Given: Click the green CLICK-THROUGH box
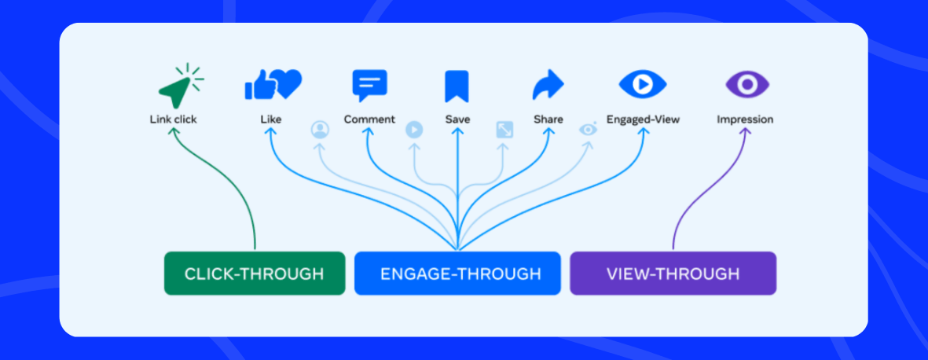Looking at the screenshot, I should click(254, 274).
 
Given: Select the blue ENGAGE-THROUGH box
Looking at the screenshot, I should click(457, 274).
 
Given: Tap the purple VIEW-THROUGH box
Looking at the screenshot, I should click(673, 274).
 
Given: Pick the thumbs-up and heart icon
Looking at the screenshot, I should click(272, 84).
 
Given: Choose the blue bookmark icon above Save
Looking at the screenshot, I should click(457, 86).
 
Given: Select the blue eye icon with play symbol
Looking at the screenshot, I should click(642, 83).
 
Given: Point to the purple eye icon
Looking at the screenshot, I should click(746, 83).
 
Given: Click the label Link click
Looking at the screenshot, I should click(173, 119).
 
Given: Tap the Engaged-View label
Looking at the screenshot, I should click(643, 119).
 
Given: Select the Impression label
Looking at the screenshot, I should click(745, 119).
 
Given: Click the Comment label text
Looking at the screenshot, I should click(369, 119).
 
